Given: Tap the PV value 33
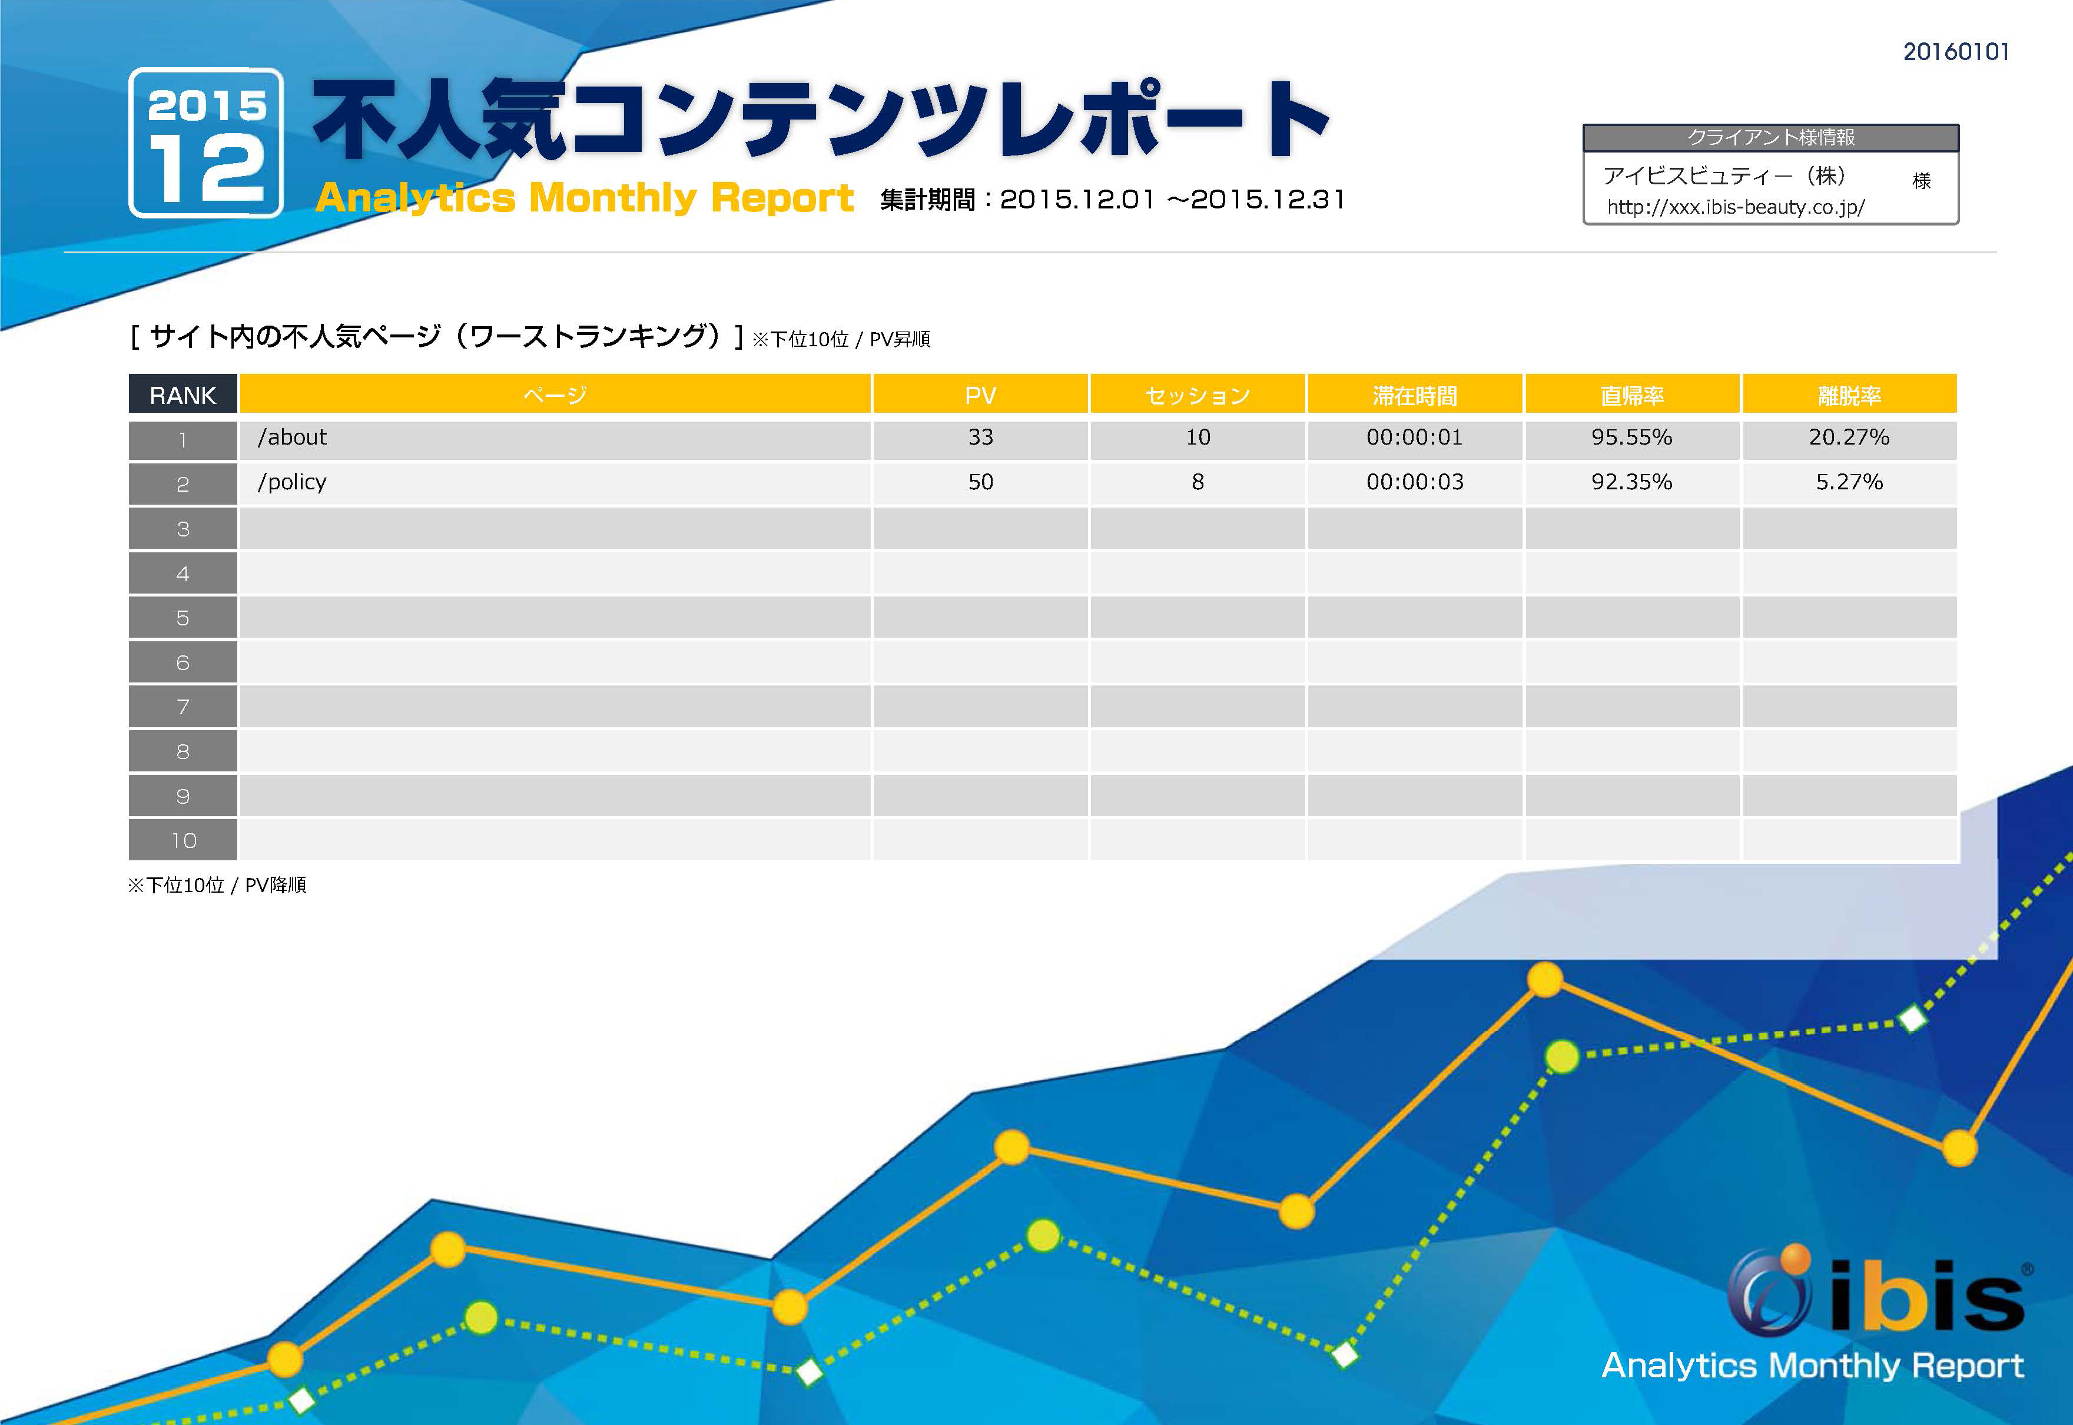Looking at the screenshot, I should (980, 438).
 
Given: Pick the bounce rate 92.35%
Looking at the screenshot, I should (1631, 482).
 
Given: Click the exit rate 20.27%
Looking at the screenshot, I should (1849, 438).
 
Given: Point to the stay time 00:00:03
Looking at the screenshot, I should (1414, 482).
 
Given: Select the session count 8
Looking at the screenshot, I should (1197, 482).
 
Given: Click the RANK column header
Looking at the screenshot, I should (183, 395).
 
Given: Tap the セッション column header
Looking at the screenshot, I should (1197, 395).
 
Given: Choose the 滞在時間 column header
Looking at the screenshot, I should (1414, 395).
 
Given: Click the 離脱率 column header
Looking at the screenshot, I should (1849, 395).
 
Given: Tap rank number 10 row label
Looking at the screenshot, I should (183, 840).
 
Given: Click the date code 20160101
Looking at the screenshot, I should (1955, 52).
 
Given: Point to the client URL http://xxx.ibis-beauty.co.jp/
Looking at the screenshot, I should (1734, 207).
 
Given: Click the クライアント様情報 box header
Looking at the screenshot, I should (1770, 138).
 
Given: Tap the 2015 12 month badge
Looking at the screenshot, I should (206, 143).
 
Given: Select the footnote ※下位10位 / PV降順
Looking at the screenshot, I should (217, 885).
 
